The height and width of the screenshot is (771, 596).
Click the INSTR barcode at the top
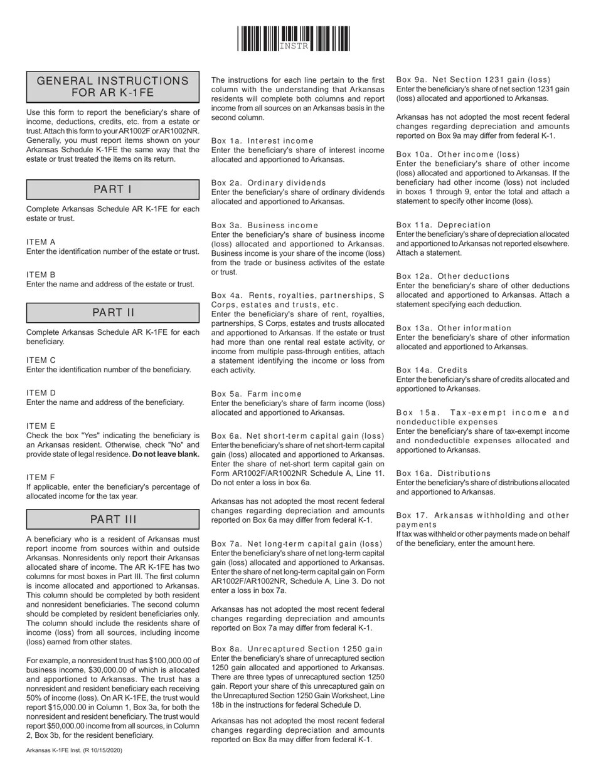point(294,39)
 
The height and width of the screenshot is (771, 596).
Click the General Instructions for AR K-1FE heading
point(113,87)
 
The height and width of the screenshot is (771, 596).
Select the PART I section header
point(113,189)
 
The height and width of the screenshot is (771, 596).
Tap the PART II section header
point(113,312)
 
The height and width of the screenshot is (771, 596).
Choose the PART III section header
point(113,519)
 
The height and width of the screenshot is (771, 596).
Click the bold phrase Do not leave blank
point(166,454)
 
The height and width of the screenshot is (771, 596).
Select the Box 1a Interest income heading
point(262,140)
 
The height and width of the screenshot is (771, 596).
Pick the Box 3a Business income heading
point(264,225)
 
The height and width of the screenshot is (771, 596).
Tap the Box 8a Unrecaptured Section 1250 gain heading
point(297,648)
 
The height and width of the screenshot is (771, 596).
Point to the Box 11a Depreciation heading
point(443,224)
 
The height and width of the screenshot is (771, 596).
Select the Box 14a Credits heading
point(432,370)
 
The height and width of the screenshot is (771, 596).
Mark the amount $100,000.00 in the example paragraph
point(174,661)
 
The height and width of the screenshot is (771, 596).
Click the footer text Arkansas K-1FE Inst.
point(74,750)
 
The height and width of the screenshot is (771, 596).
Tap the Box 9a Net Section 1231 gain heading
point(473,80)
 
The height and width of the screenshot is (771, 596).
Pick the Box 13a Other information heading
point(454,328)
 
